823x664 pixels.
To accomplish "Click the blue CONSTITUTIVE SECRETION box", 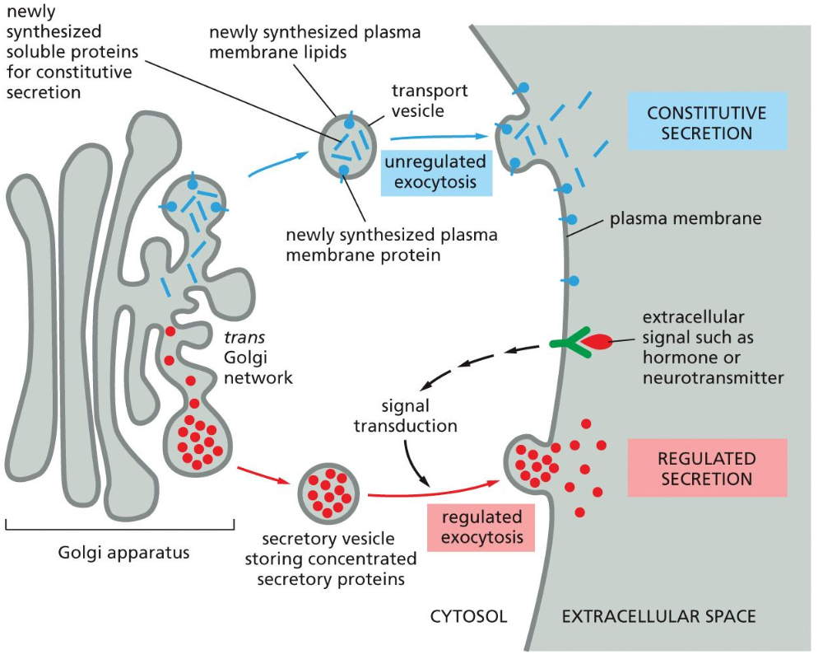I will pyautogui.click(x=706, y=122).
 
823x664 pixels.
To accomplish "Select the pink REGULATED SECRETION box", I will pyautogui.click(x=706, y=468).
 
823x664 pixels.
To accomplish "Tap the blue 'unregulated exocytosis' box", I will pyautogui.click(x=435, y=172).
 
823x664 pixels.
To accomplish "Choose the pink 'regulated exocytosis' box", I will pyautogui.click(x=481, y=528).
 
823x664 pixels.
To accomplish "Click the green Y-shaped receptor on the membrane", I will pyautogui.click(x=568, y=341).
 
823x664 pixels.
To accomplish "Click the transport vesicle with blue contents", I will pyautogui.click(x=350, y=146).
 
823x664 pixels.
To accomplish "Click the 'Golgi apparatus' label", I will pyautogui.click(x=123, y=552).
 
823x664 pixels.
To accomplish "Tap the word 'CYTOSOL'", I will pyautogui.click(x=468, y=616).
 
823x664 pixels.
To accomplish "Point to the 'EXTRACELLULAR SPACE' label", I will pyautogui.click(x=658, y=616).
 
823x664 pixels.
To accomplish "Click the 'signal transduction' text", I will pyautogui.click(x=406, y=416).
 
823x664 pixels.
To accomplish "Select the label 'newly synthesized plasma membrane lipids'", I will pyautogui.click(x=314, y=43).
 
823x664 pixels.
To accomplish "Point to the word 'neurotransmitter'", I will pyautogui.click(x=713, y=378).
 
